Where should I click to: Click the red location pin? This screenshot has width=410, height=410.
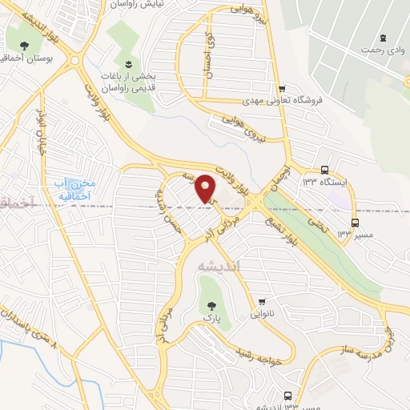pyautogui.click(x=207, y=188)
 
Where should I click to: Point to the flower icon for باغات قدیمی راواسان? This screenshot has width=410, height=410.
pyautogui.click(x=127, y=63)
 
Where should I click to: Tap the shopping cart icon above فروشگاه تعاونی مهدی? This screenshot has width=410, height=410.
pyautogui.click(x=281, y=88)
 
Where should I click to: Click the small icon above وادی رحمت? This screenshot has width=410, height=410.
pyautogui.click(x=383, y=37)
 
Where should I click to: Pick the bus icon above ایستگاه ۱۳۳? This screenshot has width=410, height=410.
pyautogui.click(x=324, y=170)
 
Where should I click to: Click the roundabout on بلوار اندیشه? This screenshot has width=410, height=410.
pyautogui.click(x=74, y=60)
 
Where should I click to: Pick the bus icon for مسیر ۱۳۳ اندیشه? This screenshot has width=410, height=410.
pyautogui.click(x=287, y=395)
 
